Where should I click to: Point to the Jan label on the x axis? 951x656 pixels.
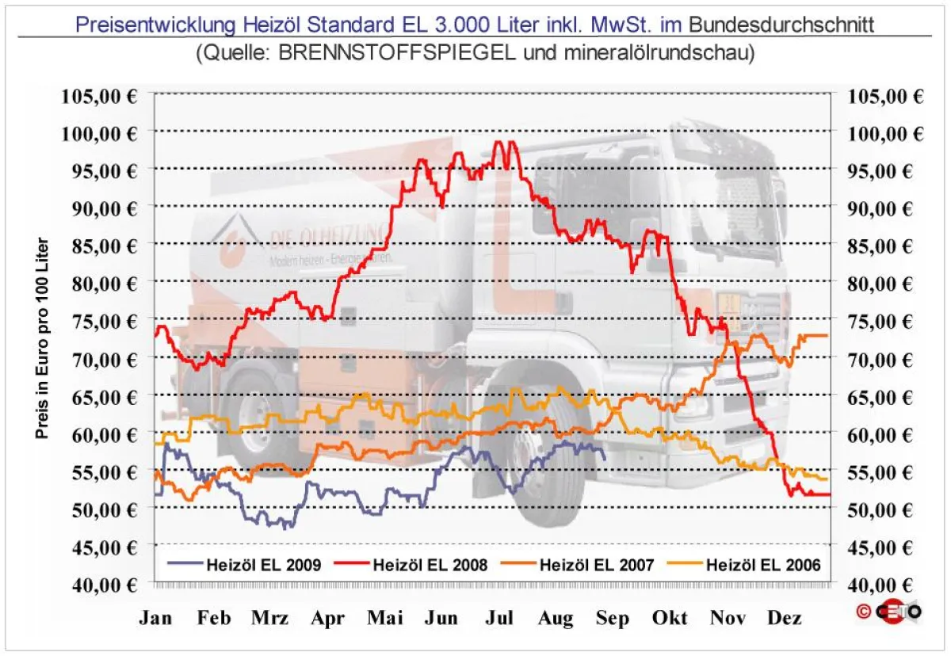point(155,619)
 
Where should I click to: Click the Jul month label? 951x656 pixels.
point(501,619)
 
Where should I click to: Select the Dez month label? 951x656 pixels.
point(785,619)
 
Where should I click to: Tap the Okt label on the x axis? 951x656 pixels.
point(670,619)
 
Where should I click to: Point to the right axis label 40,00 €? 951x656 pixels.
point(886,585)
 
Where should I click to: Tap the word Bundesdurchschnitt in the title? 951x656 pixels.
point(781,24)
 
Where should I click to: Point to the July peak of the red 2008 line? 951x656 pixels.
point(498,143)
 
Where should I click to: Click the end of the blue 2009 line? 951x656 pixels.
point(605,458)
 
